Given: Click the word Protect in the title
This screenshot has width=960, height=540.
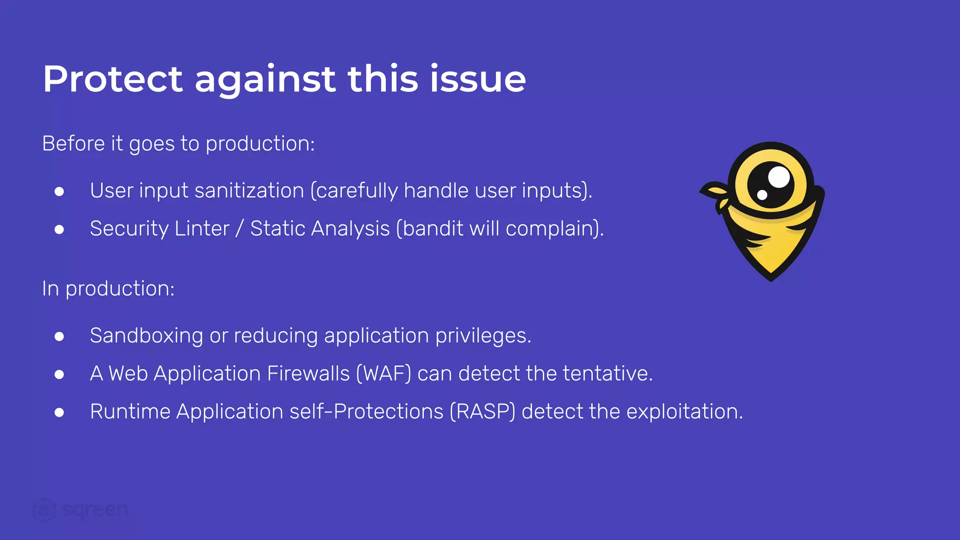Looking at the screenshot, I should click(x=112, y=79).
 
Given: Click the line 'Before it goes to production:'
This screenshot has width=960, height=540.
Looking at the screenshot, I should click(x=178, y=143).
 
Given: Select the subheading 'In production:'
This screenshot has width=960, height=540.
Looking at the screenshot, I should click(x=108, y=288).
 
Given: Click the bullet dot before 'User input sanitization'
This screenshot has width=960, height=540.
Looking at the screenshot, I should click(x=59, y=191).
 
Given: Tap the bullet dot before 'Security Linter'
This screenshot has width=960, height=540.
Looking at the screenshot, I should click(x=59, y=229).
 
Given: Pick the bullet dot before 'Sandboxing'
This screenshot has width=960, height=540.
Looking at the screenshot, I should click(x=59, y=336).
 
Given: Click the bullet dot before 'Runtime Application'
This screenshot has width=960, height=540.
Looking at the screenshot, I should click(x=59, y=412).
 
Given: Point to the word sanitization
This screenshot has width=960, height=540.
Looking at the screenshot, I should click(x=249, y=191).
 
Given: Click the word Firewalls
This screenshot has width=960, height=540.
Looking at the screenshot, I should click(x=308, y=374).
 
